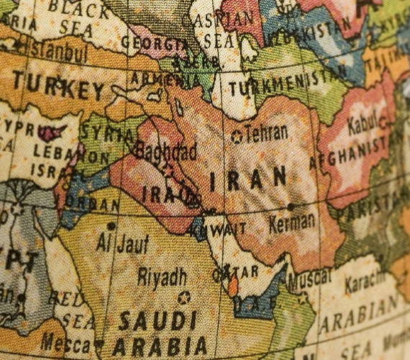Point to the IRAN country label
tap(248, 179)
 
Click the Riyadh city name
tap(162, 276)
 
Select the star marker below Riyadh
tap(183, 297)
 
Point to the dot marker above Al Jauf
tap(111, 226)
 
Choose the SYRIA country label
tap(106, 134)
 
